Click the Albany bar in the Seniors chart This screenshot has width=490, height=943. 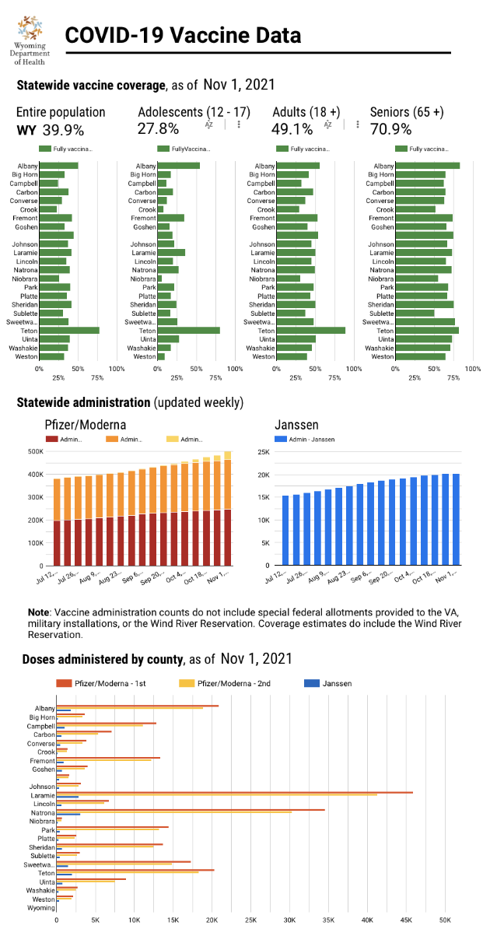[x=427, y=166]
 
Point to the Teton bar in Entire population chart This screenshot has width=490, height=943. [x=69, y=330]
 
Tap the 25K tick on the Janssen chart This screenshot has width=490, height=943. [x=264, y=451]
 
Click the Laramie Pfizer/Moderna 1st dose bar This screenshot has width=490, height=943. [x=234, y=792]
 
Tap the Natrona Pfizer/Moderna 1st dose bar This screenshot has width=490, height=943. [x=191, y=810]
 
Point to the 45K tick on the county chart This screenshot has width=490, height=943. [x=406, y=919]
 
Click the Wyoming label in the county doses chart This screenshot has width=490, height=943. [x=41, y=908]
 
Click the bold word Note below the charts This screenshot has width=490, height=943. [x=38, y=612]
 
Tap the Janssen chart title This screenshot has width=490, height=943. [x=298, y=425]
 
